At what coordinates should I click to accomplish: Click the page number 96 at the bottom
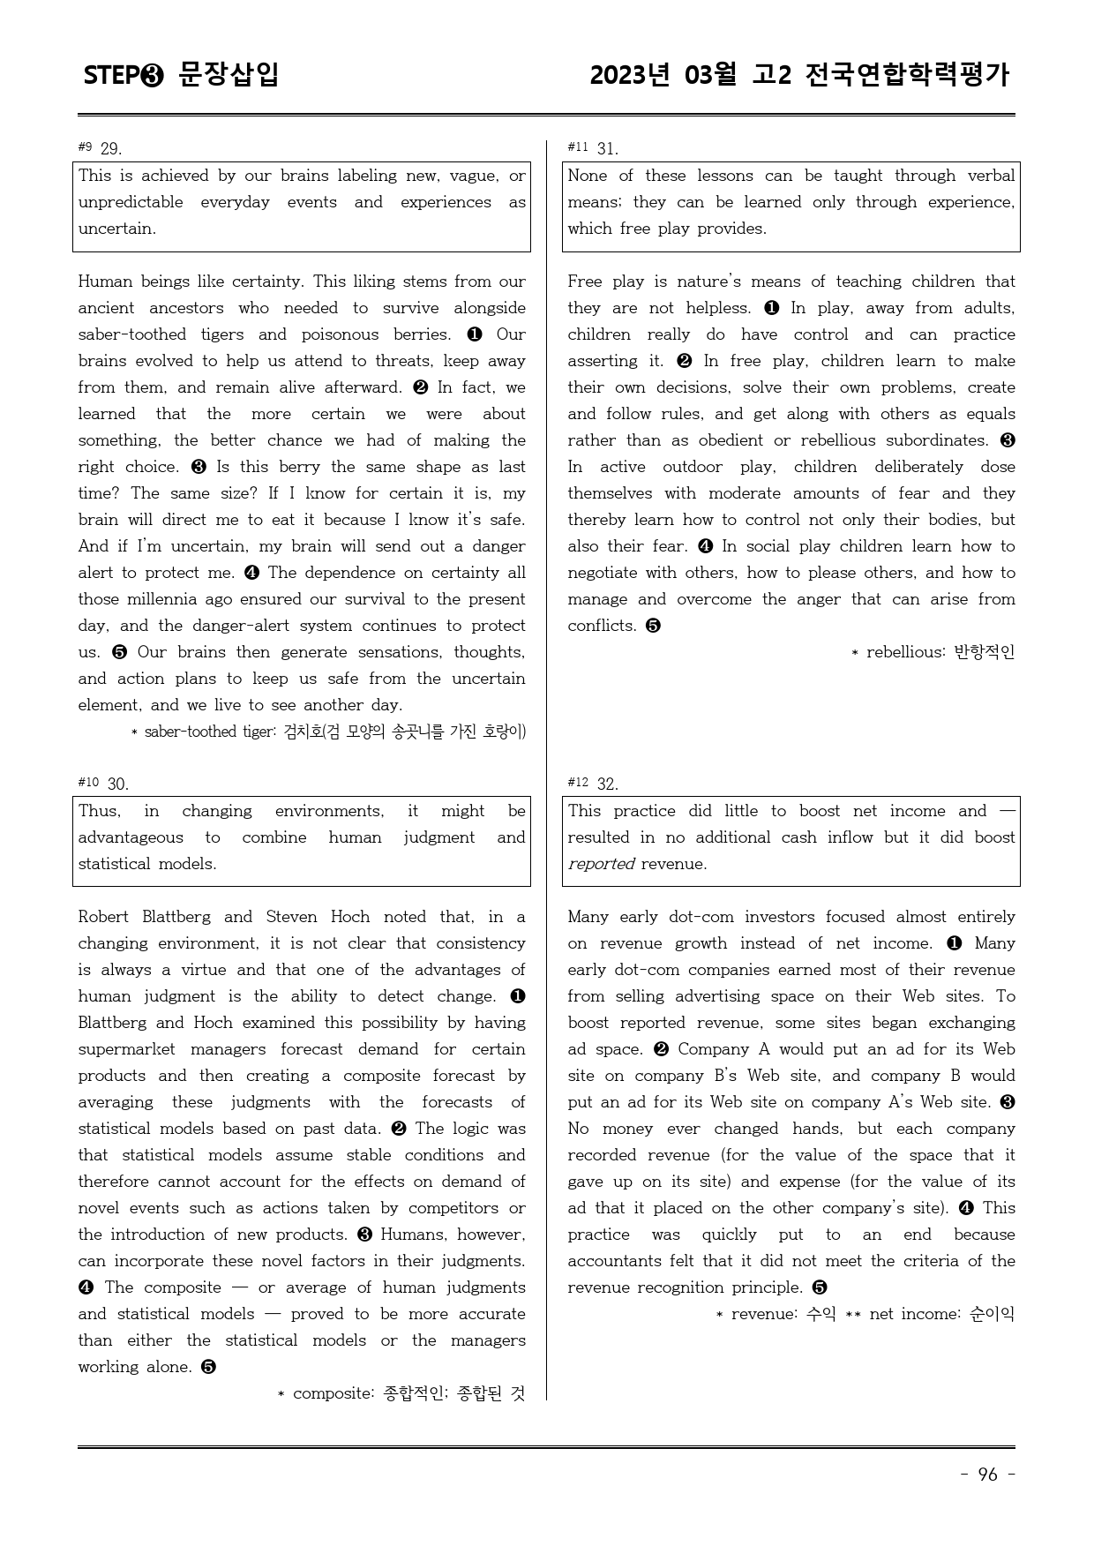(x=987, y=1475)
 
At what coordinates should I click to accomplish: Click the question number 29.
(x=111, y=148)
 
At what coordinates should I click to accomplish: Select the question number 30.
(x=118, y=784)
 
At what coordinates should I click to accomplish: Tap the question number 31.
(x=608, y=148)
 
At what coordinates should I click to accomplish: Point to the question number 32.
(x=608, y=784)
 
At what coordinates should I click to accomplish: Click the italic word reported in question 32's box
(x=601, y=864)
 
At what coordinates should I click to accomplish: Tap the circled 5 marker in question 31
(x=653, y=626)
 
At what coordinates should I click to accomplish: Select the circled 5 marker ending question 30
(x=208, y=1367)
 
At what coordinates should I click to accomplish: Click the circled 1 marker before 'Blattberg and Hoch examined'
(x=518, y=996)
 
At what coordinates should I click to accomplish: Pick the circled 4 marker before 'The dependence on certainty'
(x=251, y=573)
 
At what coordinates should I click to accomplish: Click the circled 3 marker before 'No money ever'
(x=1008, y=1102)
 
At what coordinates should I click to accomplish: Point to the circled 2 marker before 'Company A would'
(x=662, y=1049)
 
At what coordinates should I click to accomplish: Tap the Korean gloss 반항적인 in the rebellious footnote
(x=985, y=652)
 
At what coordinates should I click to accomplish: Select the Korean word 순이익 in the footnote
(x=992, y=1314)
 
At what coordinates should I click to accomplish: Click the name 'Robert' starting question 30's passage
(x=103, y=917)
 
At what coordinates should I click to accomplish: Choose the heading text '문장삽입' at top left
(x=229, y=74)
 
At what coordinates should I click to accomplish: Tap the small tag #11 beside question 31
(x=578, y=146)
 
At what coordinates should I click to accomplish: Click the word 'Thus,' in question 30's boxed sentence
(x=99, y=811)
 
